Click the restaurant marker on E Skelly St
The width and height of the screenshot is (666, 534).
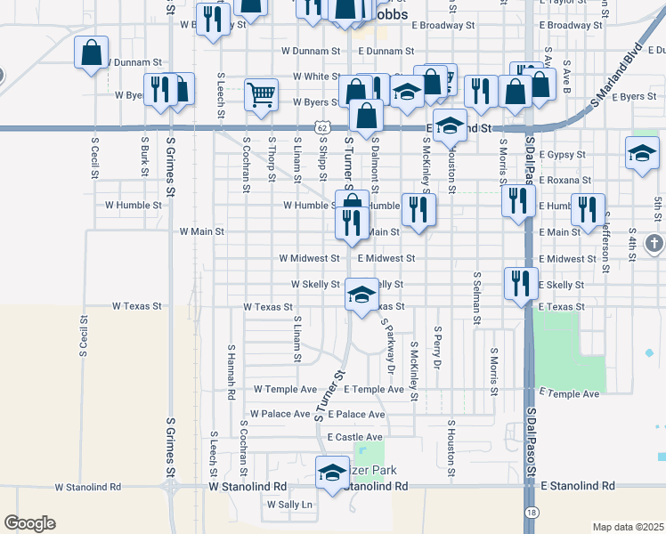(x=521, y=283)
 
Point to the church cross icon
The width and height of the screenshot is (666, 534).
(x=654, y=243)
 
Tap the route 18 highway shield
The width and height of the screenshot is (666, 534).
(x=532, y=513)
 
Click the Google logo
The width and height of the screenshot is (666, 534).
(x=29, y=523)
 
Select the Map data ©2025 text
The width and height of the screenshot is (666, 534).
(x=628, y=527)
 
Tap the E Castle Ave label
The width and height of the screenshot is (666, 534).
(x=354, y=437)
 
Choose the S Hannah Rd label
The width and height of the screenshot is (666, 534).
(x=231, y=372)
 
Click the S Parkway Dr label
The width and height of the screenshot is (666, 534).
(x=387, y=346)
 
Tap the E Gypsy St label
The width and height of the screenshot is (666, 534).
(x=563, y=155)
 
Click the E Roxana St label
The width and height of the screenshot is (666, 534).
(x=564, y=180)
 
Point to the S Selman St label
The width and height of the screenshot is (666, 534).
(x=477, y=298)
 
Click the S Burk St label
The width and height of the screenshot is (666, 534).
(x=143, y=157)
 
